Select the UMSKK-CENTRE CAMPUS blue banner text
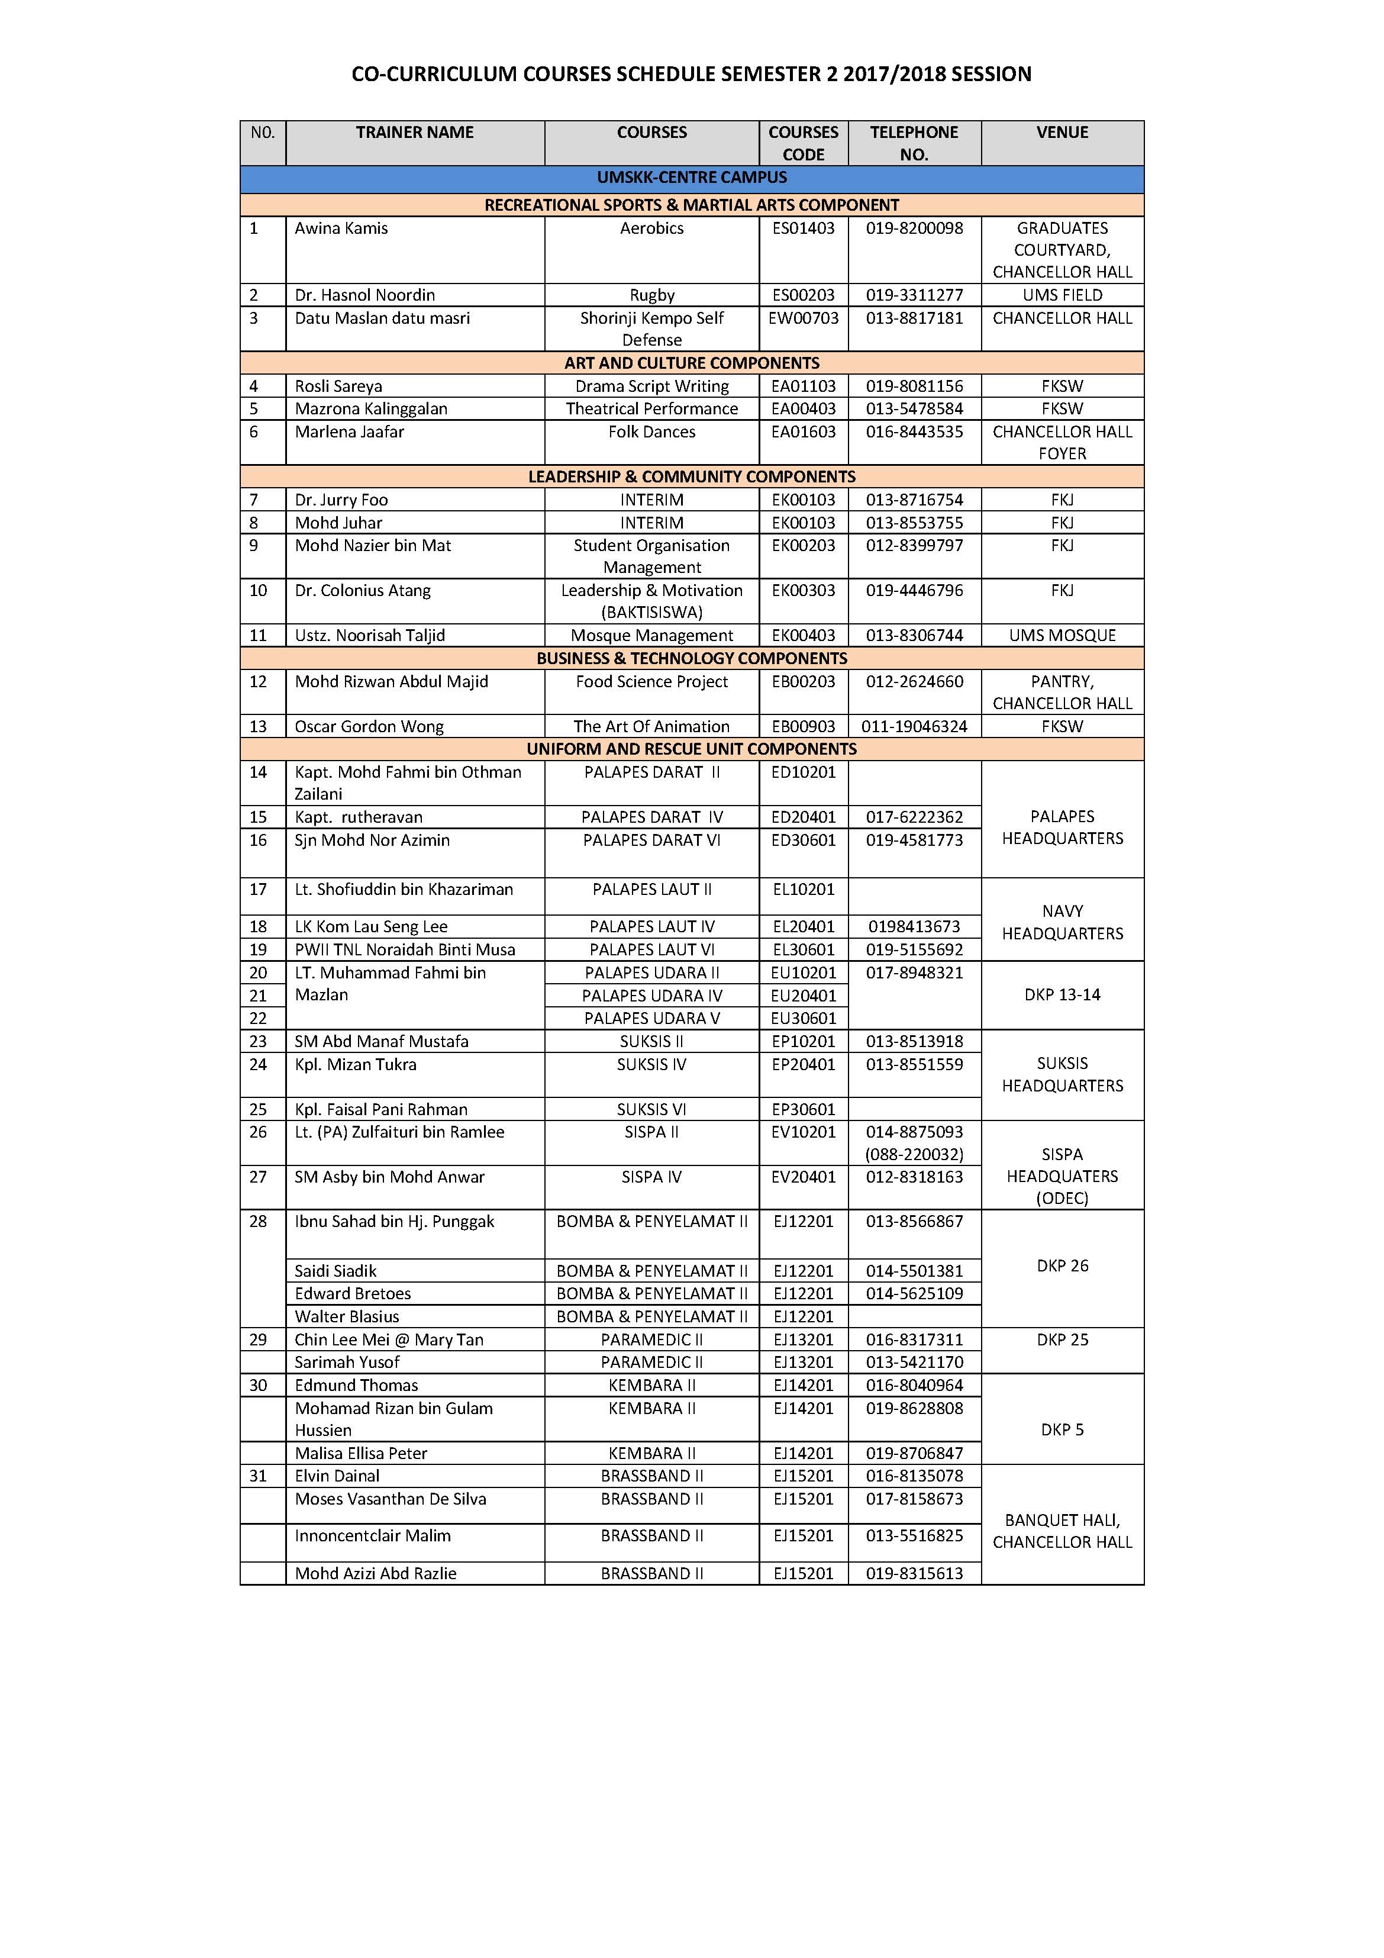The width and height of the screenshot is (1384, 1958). click(x=692, y=178)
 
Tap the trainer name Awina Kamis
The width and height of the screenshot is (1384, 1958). click(x=341, y=228)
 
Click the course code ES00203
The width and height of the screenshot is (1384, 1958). click(x=804, y=295)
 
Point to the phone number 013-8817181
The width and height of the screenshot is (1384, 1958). click(x=914, y=318)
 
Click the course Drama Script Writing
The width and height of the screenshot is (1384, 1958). click(x=651, y=387)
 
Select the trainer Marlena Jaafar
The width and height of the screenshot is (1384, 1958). click(x=350, y=431)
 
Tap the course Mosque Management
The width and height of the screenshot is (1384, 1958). click(x=651, y=635)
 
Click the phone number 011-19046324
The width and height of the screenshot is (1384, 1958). click(x=914, y=727)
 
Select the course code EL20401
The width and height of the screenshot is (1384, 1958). click(x=804, y=926)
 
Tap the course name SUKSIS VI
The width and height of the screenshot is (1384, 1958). click(x=651, y=1109)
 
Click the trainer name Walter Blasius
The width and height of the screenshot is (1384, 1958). click(x=347, y=1317)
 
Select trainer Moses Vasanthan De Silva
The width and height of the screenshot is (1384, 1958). click(x=391, y=1499)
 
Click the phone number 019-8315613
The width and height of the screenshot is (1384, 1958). click(x=914, y=1573)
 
